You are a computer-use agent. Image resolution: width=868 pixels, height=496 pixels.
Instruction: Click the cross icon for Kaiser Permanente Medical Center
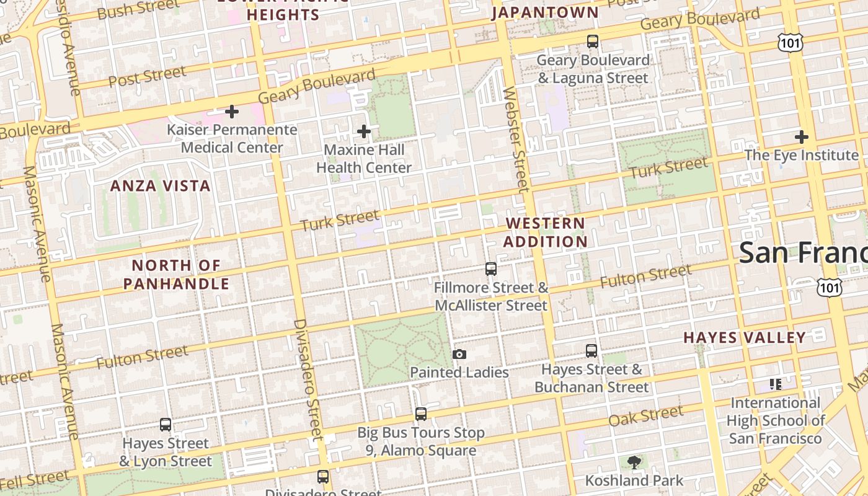(232, 112)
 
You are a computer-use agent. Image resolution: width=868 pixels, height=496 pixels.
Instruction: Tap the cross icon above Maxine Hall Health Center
(364, 131)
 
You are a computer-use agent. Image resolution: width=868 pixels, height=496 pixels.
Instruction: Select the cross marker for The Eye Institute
(802, 137)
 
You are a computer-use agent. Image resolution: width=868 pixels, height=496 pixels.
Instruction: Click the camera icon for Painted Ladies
(459, 354)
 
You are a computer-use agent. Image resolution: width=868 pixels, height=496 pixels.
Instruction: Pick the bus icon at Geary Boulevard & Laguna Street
(593, 42)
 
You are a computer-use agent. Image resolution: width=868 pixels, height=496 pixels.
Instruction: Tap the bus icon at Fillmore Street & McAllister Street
(491, 269)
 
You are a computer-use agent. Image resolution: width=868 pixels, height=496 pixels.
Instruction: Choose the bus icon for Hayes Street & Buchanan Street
(591, 351)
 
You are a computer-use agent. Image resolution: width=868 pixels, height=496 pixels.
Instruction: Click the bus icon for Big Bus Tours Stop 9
(421, 414)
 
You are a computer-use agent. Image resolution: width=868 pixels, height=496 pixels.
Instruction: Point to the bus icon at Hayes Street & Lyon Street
(166, 425)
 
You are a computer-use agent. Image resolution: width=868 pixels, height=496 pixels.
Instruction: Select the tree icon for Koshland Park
(634, 462)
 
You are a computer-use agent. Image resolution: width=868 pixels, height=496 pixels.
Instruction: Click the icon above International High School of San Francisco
(775, 384)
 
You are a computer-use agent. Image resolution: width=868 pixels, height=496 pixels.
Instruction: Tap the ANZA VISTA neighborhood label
(161, 186)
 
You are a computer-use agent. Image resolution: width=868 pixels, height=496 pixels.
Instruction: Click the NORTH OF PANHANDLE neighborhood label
(177, 275)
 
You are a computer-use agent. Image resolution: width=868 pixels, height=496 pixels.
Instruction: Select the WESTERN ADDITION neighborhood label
(546, 232)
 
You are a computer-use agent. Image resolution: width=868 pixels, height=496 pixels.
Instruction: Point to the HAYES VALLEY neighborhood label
(745, 338)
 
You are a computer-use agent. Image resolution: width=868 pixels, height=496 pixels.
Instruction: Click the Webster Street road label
(516, 139)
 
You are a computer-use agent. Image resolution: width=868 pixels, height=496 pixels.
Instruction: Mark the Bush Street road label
(139, 9)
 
